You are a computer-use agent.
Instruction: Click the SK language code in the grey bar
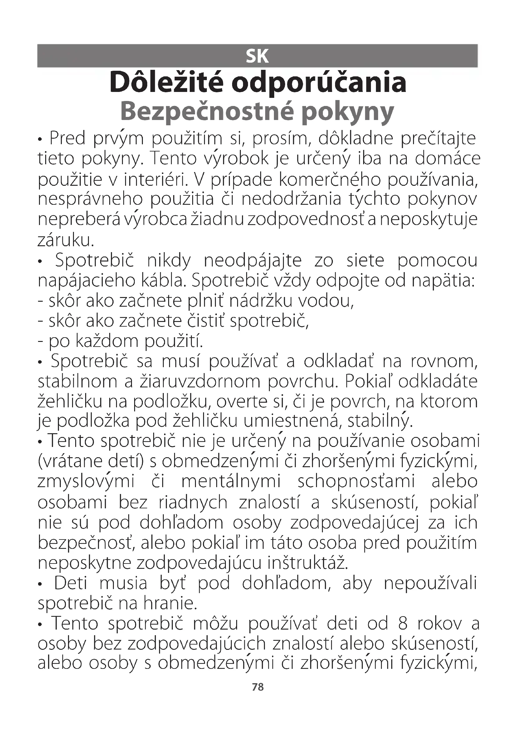pyautogui.click(x=257, y=56)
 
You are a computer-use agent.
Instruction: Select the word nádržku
pyautogui.click(x=260, y=301)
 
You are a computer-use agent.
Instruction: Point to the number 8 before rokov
pyautogui.click(x=402, y=623)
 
